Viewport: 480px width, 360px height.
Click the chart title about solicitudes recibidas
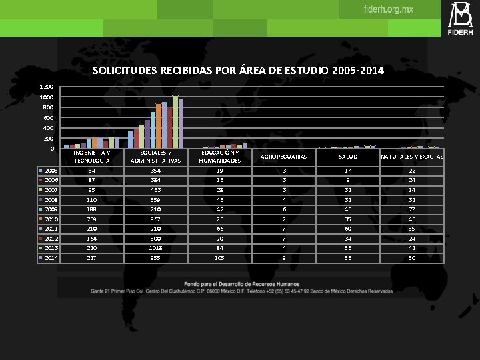point(238,70)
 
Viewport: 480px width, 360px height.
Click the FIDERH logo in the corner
point(461,18)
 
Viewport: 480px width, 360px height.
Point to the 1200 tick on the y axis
point(46,87)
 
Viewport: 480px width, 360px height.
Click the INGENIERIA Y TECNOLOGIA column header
point(92,157)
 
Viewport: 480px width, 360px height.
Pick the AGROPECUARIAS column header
point(283,157)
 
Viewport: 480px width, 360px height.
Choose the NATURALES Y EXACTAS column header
point(411,157)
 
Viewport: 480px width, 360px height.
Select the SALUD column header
point(347,157)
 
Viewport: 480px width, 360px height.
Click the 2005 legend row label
point(51,171)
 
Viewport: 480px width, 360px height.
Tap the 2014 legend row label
point(51,258)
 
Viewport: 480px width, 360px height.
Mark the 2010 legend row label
point(51,219)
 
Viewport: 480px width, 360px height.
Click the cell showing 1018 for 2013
point(155,248)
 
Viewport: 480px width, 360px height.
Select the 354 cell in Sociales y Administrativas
point(155,171)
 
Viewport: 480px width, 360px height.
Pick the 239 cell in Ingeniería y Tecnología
point(92,219)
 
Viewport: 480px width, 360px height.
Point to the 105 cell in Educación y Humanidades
point(219,258)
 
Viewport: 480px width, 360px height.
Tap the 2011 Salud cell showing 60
point(347,229)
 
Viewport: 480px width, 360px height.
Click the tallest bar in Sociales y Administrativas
point(175,122)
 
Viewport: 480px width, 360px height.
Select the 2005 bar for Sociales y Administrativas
point(131,139)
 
